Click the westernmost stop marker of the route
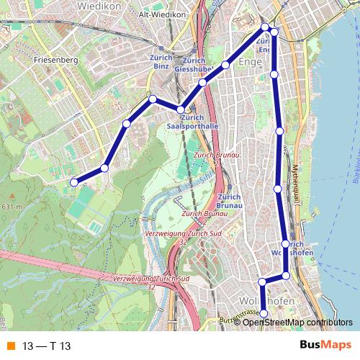(x=73, y=182)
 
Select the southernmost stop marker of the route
(x=264, y=313)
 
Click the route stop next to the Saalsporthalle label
(x=181, y=109)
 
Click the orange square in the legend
(x=9, y=346)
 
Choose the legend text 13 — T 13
(x=46, y=346)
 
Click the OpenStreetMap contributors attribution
(x=297, y=322)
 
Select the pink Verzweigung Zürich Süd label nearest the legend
(x=151, y=279)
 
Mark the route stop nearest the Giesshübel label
(x=203, y=83)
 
